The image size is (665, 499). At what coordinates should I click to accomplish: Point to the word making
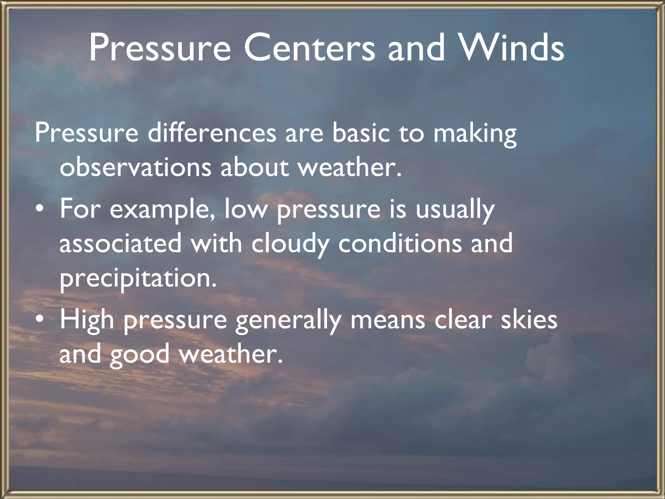475,134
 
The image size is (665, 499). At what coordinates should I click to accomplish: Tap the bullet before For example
39,210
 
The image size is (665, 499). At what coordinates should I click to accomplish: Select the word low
245,209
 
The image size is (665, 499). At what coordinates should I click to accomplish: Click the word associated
120,243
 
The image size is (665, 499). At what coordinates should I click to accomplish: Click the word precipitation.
138,279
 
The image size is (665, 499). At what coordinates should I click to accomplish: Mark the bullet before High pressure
39,320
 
